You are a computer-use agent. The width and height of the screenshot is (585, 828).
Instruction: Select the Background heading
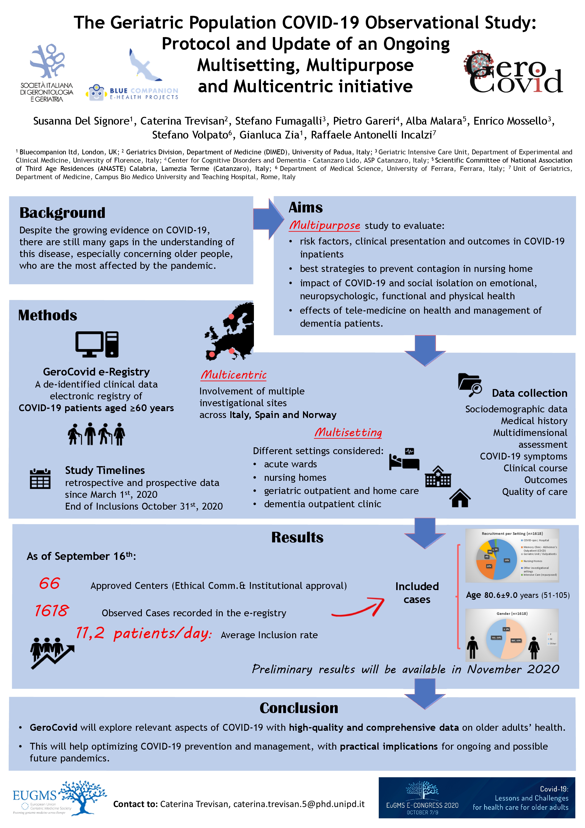pyautogui.click(x=62, y=213)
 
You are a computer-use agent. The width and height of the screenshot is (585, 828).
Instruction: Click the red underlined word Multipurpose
pyautogui.click(x=324, y=225)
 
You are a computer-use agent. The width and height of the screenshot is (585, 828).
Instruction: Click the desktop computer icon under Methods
pyautogui.click(x=97, y=344)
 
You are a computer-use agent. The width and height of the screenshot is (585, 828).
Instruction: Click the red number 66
pyautogui.click(x=49, y=583)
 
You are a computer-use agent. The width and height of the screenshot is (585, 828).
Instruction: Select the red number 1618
pyautogui.click(x=51, y=611)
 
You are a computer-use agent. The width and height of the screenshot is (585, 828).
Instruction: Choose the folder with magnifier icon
pyautogui.click(x=470, y=384)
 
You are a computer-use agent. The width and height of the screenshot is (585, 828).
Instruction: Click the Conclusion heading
pyautogui.click(x=299, y=708)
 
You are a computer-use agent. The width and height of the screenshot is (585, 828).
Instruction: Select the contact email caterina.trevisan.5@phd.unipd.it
pyautogui.click(x=299, y=804)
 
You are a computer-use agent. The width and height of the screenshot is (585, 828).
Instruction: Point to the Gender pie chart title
pyautogui.click(x=512, y=613)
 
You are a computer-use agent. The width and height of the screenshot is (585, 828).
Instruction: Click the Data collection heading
pyautogui.click(x=530, y=393)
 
